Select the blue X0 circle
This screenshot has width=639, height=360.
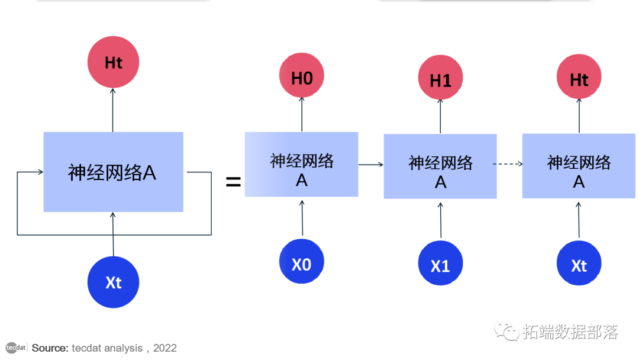pyautogui.click(x=302, y=263)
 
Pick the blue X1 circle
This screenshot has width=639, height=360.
pyautogui.click(x=440, y=265)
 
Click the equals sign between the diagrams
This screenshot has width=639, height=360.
pyautogui.click(x=233, y=182)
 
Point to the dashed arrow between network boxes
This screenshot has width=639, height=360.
pyautogui.click(x=509, y=165)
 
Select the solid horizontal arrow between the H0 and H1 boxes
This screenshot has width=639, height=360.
pyautogui.click(x=371, y=165)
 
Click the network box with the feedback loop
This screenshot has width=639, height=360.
pyautogui.click(x=113, y=172)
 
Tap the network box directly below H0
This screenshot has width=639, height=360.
pyautogui.click(x=302, y=165)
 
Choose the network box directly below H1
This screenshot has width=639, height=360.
pyautogui.click(x=440, y=166)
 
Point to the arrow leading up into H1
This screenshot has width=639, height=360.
pyautogui.click(x=440, y=116)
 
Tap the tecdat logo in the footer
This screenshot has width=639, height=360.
pyautogui.click(x=16, y=348)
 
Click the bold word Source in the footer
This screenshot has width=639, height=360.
pyautogui.click(x=50, y=348)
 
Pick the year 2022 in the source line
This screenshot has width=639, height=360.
pyautogui.click(x=165, y=348)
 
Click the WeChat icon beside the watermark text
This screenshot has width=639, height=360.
pyautogui.click(x=507, y=332)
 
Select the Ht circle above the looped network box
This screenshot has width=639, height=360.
pyautogui.click(x=113, y=62)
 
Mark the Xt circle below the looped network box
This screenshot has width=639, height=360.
pyautogui.click(x=113, y=282)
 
